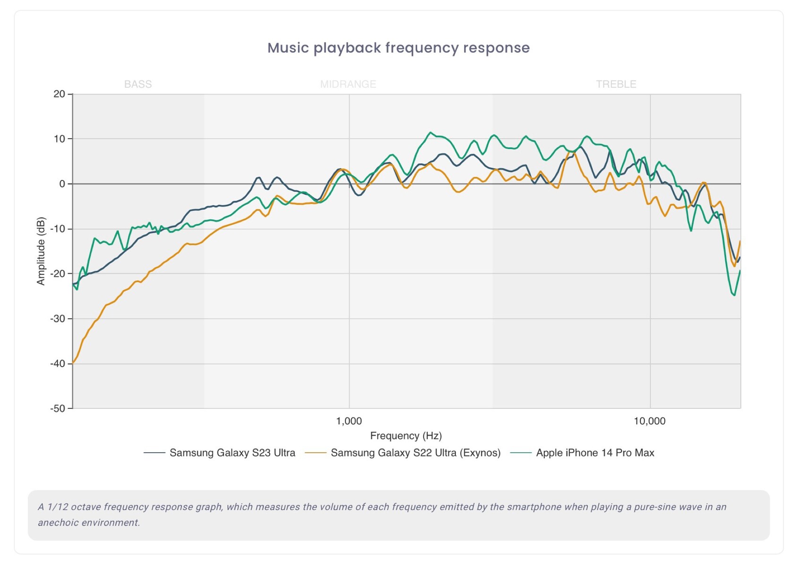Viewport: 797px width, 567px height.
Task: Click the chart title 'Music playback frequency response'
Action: [398, 48]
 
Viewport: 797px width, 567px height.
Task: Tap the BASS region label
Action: [138, 84]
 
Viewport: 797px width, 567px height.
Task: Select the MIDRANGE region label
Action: [348, 84]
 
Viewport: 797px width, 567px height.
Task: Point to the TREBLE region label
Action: [616, 84]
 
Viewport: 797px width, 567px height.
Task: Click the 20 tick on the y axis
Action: [59, 94]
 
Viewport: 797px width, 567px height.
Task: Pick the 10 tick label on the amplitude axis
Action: [59, 139]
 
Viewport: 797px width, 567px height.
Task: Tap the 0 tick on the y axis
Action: [62, 184]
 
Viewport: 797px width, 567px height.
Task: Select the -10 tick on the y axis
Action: [58, 229]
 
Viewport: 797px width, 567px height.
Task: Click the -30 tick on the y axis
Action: [58, 318]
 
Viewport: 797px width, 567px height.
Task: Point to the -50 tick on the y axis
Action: [58, 408]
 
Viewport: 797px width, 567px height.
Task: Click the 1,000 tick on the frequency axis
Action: [349, 421]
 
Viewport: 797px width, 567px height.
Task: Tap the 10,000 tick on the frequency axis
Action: [650, 421]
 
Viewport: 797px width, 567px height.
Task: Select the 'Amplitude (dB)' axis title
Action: [41, 251]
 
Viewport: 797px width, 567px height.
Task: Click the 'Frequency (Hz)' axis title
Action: [406, 436]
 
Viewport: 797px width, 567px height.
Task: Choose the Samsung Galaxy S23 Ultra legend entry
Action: [232, 453]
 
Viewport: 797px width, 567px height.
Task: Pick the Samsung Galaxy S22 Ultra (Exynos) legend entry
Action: [415, 453]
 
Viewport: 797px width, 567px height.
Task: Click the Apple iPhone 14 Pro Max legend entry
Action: [595, 453]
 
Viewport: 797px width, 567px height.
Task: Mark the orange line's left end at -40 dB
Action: [73, 363]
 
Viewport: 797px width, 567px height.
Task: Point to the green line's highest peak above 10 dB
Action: [430, 133]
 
